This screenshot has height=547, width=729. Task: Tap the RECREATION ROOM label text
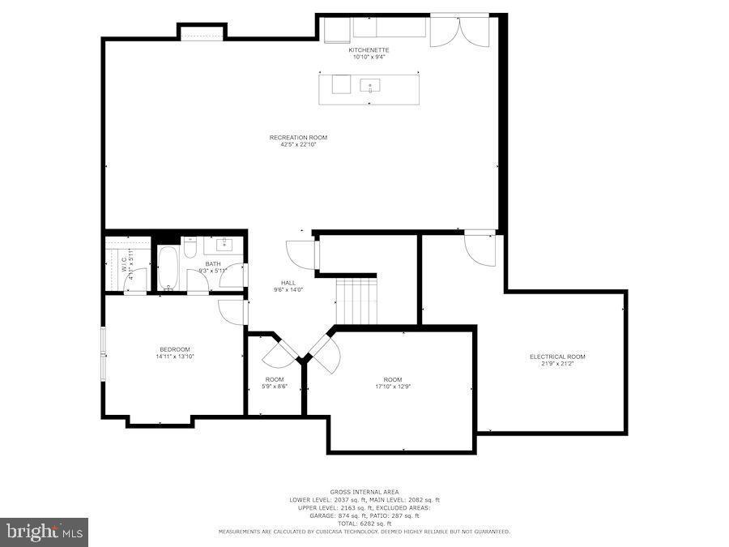[298, 138]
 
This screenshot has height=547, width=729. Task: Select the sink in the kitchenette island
[370, 84]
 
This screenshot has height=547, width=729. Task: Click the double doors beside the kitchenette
[459, 31]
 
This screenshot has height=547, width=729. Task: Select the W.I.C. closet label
[113, 264]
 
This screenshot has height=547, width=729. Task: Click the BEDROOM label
[175, 349]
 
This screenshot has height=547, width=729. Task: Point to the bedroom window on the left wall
[103, 353]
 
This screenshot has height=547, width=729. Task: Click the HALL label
[288, 283]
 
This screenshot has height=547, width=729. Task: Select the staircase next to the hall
[356, 300]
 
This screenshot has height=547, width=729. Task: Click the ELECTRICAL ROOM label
[557, 357]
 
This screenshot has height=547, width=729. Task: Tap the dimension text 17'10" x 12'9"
[393, 387]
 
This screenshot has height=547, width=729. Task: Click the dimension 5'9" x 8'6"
[275, 387]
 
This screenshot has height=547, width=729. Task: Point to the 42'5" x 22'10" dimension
[298, 145]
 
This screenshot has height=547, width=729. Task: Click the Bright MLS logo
[45, 532]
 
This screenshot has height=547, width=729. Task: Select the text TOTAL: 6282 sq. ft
[364, 523]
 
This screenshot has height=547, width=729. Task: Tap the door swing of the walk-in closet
[138, 280]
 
